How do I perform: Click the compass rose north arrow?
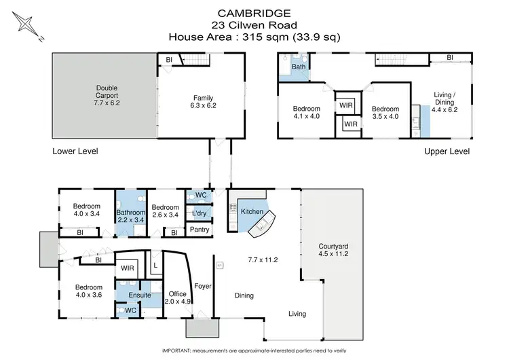(25, 25)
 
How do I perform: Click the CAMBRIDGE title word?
(254, 12)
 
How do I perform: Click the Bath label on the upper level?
(299, 67)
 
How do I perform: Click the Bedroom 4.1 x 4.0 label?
(306, 111)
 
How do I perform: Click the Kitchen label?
(252, 212)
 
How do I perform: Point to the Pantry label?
(200, 230)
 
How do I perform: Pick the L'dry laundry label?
(200, 213)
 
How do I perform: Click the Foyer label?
(203, 286)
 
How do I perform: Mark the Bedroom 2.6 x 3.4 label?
(164, 211)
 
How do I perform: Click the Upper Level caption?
(447, 151)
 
